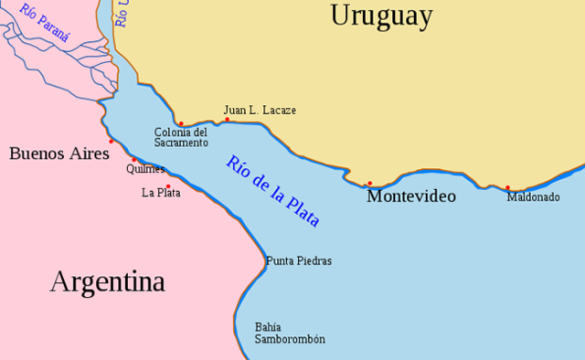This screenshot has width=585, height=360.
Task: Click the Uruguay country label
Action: coord(381,16)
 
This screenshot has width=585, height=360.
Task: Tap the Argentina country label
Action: coord(107,281)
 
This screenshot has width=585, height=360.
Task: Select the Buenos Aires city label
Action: coord(59,154)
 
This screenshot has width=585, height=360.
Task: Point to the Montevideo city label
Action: coord(410,196)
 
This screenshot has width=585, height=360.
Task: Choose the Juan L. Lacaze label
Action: coord(260,111)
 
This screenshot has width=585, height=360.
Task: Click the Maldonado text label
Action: coord(534,196)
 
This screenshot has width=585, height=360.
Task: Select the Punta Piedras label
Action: coord(299,261)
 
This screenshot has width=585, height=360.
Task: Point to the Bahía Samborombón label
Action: coord(290,334)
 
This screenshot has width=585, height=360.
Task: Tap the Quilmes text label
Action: coord(146,169)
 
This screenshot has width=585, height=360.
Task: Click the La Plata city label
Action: coord(161,193)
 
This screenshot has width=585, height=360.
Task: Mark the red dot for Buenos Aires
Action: coord(112,141)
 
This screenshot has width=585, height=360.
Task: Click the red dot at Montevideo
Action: coord(369,184)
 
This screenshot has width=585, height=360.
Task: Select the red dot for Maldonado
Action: coord(507,188)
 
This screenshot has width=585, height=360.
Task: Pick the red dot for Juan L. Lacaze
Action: coord(228,120)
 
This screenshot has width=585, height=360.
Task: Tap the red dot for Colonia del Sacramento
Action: coord(181,123)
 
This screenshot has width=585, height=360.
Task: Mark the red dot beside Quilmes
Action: coord(133,160)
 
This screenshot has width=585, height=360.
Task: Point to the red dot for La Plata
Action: coord(168,186)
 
